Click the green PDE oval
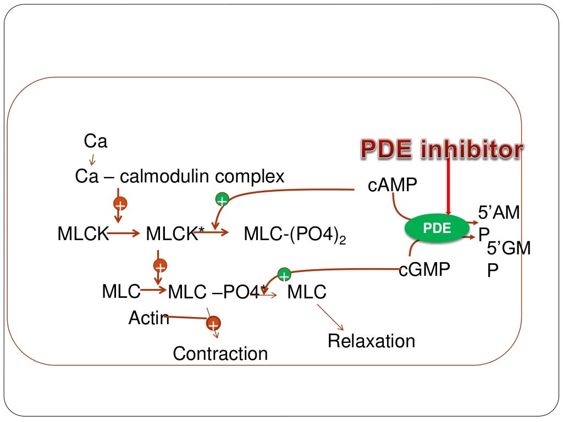(438, 228)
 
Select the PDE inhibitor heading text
(441, 150)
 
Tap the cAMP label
(393, 186)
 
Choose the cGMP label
(424, 269)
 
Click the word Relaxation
(371, 341)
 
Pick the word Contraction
(220, 353)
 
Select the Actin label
(148, 318)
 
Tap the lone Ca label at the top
(95, 142)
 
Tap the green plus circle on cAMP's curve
(222, 201)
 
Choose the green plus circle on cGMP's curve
(284, 274)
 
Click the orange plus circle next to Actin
(213, 324)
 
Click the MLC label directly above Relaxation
(307, 292)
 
